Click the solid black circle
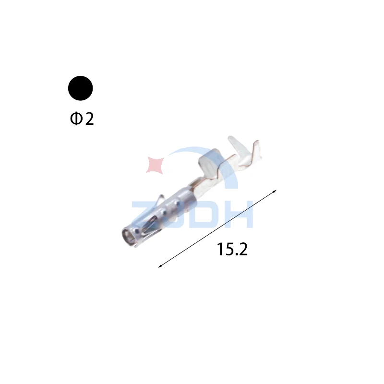[80, 88]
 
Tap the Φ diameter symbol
[76, 119]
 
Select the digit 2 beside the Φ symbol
[89, 119]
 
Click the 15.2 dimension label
[232, 249]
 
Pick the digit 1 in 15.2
[220, 249]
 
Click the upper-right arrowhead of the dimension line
[275, 191]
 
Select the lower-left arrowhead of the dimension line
[160, 266]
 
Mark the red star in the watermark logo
[155, 165]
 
